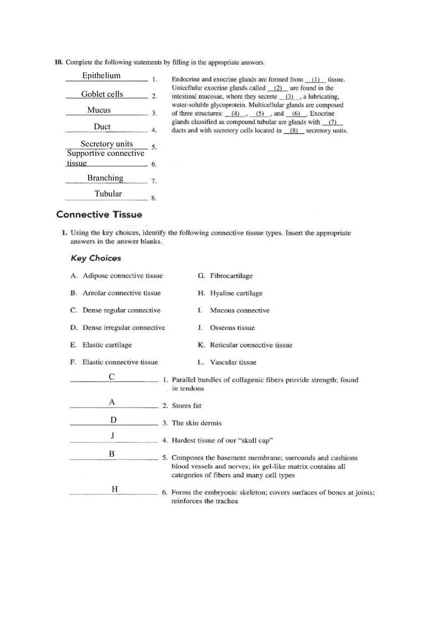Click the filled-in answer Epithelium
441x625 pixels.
(101, 76)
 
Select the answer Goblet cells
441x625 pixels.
(102, 94)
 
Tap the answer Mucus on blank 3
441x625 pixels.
(99, 110)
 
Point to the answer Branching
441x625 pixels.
(105, 178)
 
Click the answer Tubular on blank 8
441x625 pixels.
(108, 193)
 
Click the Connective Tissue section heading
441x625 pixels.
(99, 215)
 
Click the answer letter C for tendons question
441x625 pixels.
(112, 376)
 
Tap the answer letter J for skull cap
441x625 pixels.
(113, 436)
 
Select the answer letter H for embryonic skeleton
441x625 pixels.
(115, 489)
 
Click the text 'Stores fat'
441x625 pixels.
(186, 405)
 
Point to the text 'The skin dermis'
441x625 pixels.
(196, 423)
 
